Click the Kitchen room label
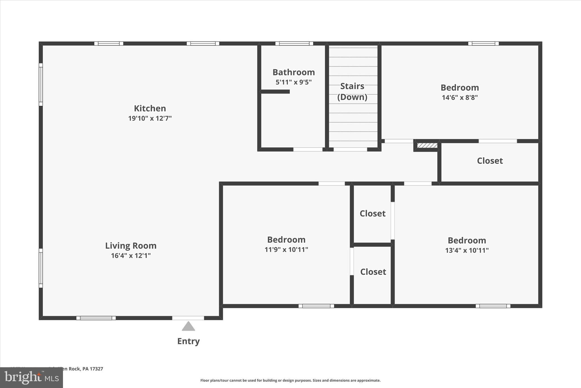coord(150,108)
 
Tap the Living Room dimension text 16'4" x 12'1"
coord(131,256)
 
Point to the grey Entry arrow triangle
coord(188,327)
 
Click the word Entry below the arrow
coord(188,341)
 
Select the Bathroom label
coord(294,72)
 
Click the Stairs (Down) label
coord(352,92)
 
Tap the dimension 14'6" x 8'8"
coord(460,97)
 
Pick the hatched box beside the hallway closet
coord(427,146)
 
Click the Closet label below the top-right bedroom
coord(490,161)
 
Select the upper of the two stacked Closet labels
coord(372,213)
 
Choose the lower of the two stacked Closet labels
coord(373,272)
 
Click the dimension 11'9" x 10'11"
coord(286,250)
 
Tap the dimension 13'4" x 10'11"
coord(467,250)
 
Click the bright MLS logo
coord(31,378)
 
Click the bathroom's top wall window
coord(294,43)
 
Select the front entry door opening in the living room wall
coord(188,318)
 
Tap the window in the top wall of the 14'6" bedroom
coord(483,43)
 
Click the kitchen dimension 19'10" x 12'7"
coord(150,118)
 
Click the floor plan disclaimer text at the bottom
coord(290,380)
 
